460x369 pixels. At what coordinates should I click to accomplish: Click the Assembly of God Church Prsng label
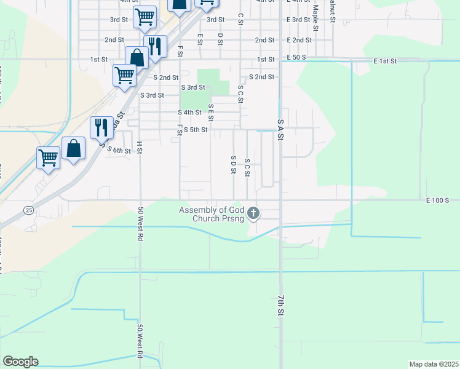click(211, 214)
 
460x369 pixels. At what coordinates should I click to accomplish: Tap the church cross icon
click(253, 214)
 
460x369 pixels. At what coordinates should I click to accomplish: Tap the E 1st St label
click(386, 61)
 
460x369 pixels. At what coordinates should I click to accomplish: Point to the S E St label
click(210, 113)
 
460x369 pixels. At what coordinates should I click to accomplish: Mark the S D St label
click(233, 164)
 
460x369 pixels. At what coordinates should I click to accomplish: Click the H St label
click(140, 147)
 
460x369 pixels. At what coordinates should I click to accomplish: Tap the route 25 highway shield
click(28, 210)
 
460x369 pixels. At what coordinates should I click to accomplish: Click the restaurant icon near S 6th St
click(101, 129)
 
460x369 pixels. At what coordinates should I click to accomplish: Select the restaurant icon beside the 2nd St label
click(155, 47)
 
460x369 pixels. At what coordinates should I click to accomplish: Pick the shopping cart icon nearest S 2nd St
click(124, 76)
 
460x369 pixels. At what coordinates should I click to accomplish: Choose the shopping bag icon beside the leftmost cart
click(73, 149)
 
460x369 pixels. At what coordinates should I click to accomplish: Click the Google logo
click(20, 362)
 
